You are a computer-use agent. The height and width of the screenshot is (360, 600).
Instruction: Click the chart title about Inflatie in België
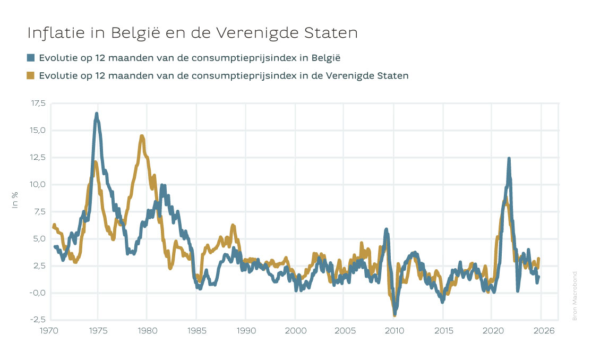[192, 33]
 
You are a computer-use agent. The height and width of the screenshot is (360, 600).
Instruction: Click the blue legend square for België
[30, 57]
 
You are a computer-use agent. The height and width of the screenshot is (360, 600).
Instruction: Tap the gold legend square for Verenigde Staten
[30, 75]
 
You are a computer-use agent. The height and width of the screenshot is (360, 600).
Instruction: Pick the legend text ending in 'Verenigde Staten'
[224, 75]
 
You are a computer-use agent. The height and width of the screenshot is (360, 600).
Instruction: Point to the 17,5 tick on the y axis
[38, 103]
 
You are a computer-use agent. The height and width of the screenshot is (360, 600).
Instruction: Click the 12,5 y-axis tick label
[38, 157]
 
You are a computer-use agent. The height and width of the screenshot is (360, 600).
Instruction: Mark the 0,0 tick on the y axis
[39, 293]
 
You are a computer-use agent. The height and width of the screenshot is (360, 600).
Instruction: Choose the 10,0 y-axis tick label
[38, 184]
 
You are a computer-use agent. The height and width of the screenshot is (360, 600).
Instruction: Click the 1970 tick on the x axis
[49, 330]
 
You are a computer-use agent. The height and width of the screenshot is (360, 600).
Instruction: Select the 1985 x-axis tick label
[196, 330]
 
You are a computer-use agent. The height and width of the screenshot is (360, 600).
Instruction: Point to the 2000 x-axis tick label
[295, 330]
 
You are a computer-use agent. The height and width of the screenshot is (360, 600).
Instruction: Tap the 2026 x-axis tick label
[545, 330]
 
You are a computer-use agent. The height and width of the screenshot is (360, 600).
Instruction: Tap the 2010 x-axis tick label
[394, 330]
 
